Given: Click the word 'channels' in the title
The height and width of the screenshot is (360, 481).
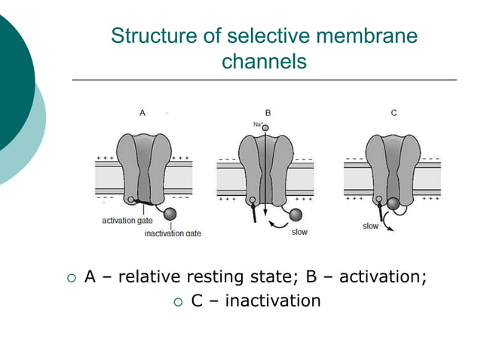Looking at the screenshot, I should [264, 62].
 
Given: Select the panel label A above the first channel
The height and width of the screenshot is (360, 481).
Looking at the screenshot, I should [142, 112].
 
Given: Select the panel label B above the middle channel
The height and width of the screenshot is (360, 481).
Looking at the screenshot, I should [268, 112].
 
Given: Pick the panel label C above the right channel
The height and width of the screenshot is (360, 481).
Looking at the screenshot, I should [394, 112].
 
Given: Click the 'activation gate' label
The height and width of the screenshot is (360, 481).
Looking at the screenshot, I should [127, 220].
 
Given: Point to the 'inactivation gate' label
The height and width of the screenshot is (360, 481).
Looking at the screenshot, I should [173, 233].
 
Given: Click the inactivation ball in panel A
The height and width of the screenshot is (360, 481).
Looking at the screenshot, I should [170, 215].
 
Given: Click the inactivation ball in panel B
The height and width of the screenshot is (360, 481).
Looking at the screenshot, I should [296, 215].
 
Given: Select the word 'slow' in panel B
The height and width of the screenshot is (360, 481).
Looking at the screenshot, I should [299, 232].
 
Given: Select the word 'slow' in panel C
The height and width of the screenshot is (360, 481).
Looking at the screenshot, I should [370, 226].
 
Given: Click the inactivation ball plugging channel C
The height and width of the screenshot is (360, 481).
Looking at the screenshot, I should [394, 202].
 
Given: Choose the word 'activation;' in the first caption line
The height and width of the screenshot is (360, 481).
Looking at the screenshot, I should [382, 277].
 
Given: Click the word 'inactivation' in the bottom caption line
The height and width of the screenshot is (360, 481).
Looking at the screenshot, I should [273, 301].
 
